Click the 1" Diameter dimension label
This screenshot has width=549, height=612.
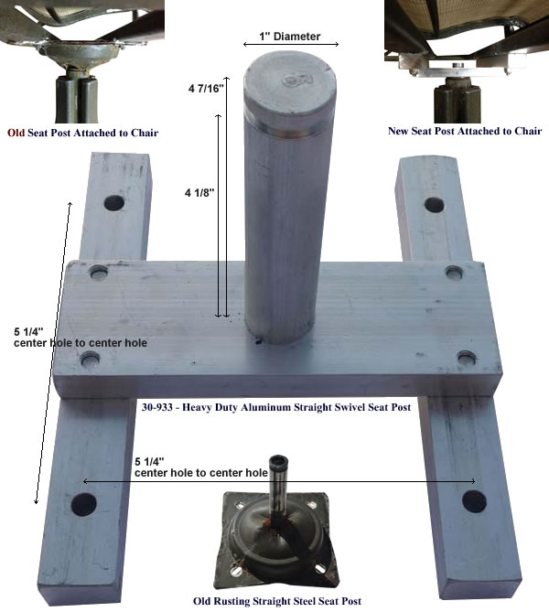click(290, 37)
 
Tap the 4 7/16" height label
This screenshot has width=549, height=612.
click(206, 88)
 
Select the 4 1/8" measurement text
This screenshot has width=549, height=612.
click(199, 192)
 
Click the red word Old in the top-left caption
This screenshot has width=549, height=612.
click(16, 133)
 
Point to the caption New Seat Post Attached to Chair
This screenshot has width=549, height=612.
click(465, 131)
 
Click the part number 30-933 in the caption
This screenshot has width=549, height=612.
click(157, 407)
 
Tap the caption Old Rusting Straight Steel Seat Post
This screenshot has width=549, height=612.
click(277, 601)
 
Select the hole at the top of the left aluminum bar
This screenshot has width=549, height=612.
click(114, 203)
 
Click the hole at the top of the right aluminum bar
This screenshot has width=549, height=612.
click(435, 205)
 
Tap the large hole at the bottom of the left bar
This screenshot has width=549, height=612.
click(84, 504)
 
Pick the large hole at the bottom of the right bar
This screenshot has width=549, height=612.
click(474, 501)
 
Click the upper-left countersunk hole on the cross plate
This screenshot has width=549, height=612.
click(99, 272)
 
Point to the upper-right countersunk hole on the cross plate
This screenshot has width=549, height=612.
click(454, 272)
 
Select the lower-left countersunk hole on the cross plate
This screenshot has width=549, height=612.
click(91, 359)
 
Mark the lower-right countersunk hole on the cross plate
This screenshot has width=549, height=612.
click(467, 358)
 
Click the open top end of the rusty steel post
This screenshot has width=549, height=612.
click(277, 460)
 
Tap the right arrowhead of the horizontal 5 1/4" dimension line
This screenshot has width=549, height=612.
click(473, 481)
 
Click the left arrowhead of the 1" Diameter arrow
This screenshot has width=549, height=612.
click(245, 45)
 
